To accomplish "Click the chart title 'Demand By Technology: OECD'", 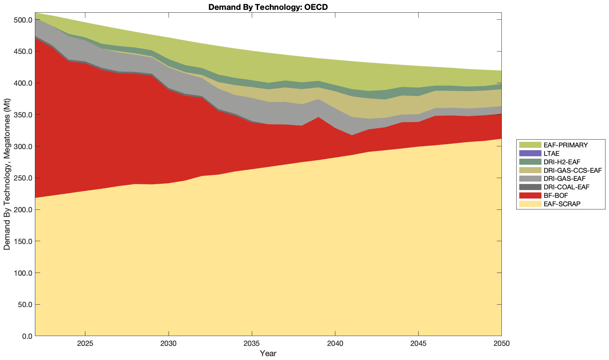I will coord(268,7).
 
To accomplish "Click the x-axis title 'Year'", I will coord(268,353).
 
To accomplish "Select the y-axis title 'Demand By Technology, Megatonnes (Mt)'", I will coord(7,174).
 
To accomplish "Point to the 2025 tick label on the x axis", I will coord(85,344).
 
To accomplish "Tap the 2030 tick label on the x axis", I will coord(169,344).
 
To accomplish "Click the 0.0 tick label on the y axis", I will coord(27,336).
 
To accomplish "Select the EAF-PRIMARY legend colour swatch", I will coord(530,145).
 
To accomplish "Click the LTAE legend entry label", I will coord(552,153).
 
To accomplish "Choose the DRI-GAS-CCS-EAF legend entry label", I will coord(572,170).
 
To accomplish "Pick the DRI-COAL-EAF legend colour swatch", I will coord(530,187).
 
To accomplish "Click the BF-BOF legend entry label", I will coord(556,195).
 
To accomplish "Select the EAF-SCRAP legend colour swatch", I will coord(530,204).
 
